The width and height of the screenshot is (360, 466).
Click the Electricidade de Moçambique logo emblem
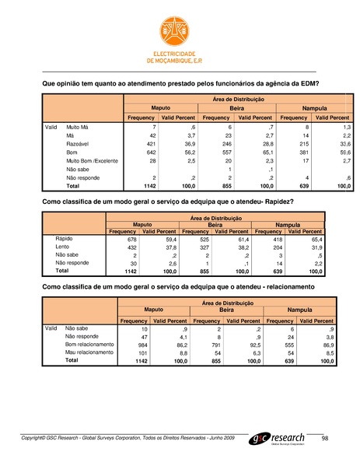[x=180, y=26]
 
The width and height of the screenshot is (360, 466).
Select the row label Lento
[x=67, y=248]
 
